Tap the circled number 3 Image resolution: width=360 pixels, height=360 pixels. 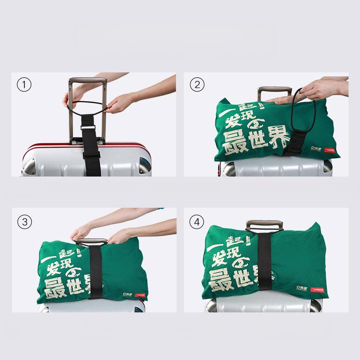point(24,220)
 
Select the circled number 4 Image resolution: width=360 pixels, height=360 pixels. point(197,220)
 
